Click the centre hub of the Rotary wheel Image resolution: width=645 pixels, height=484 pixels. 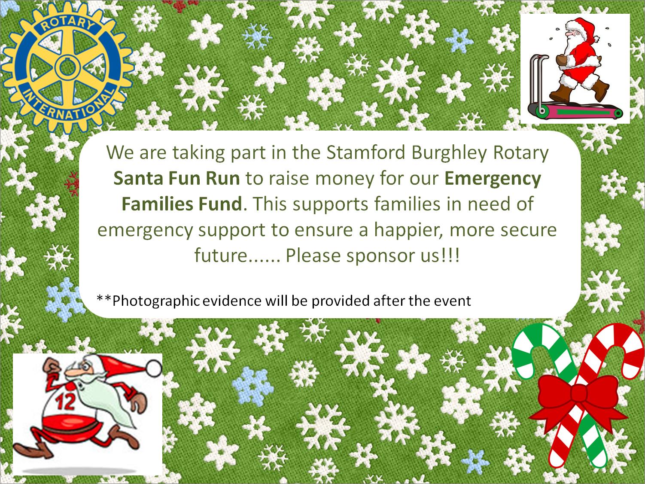67,67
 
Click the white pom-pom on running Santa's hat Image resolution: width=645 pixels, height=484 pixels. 154,368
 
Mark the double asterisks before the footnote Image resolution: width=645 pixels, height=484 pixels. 104,298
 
